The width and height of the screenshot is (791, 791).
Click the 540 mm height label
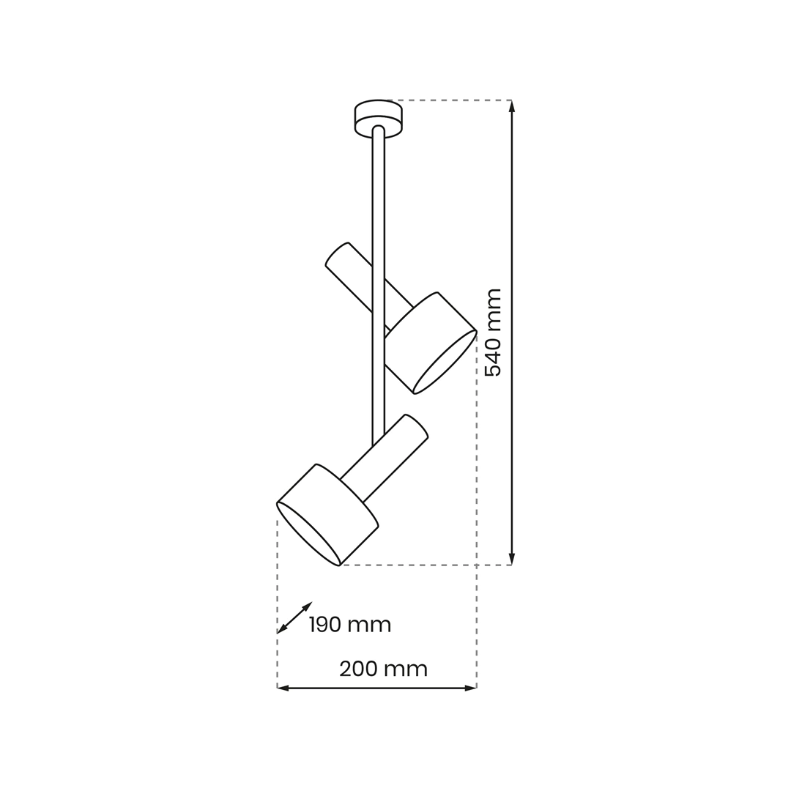(x=493, y=333)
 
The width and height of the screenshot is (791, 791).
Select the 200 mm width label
(x=383, y=669)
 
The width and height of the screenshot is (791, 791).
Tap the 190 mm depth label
(x=350, y=625)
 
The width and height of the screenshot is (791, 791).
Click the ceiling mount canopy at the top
(x=379, y=118)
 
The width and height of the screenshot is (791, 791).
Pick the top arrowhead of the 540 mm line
(x=511, y=105)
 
